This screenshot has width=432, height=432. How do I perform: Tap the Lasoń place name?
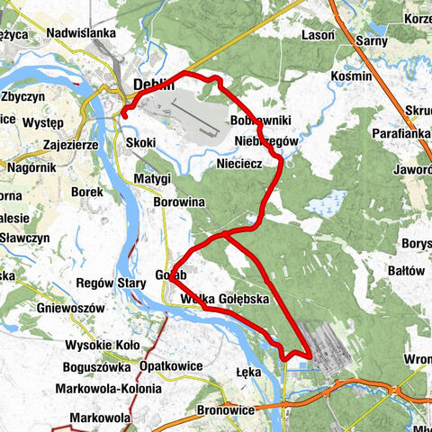318,33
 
